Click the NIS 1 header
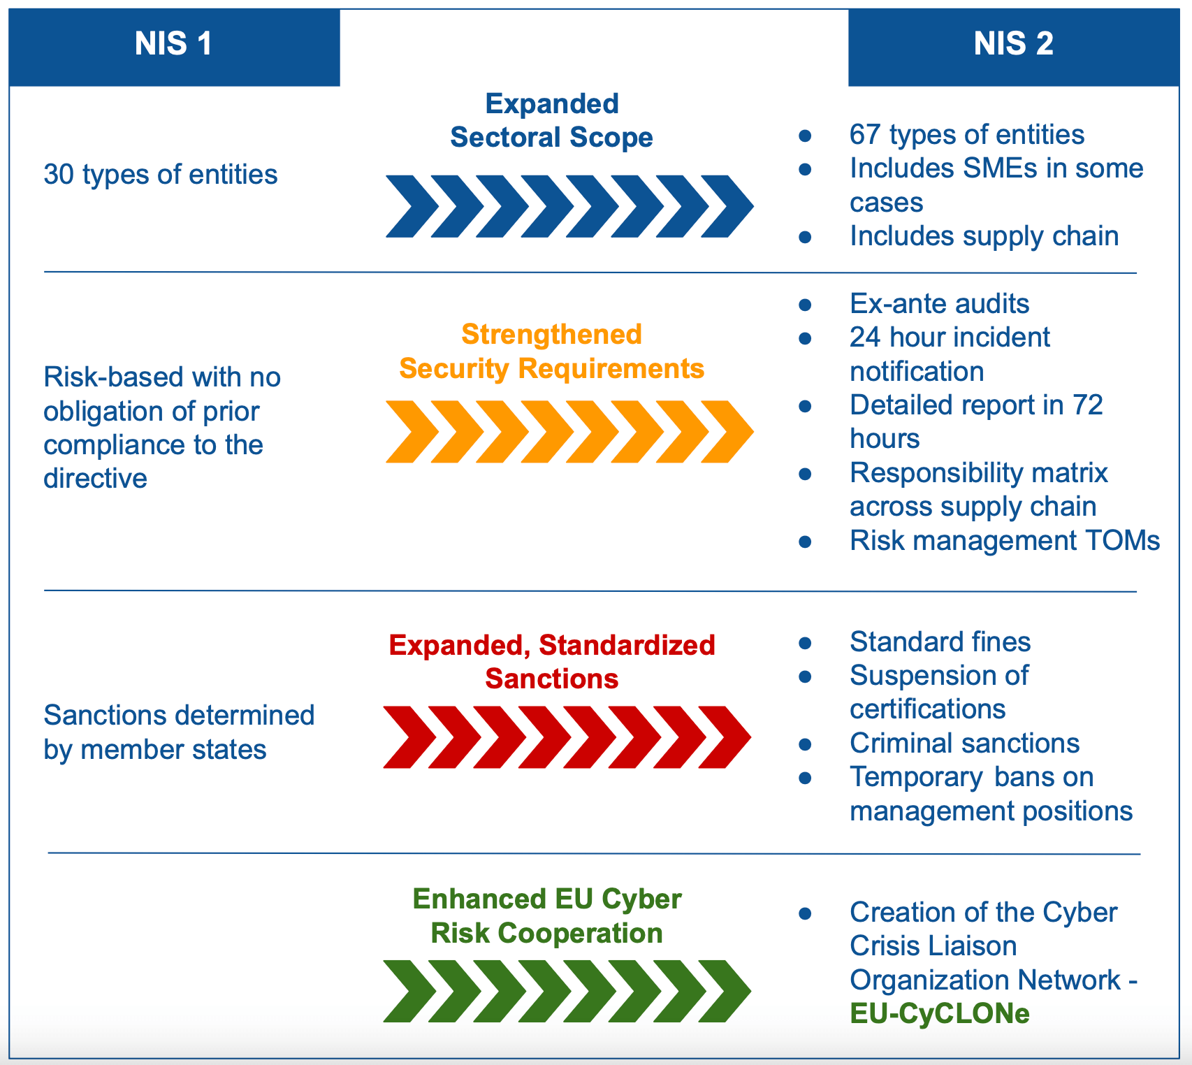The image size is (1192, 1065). pos(173,45)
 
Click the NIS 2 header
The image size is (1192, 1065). pos(1013,45)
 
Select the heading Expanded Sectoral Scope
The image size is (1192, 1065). pos(551,120)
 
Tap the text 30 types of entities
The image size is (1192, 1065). pos(161,175)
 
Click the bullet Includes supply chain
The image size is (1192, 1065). pos(984,236)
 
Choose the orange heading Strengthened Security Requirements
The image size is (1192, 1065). pos(551,352)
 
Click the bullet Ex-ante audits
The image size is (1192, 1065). pos(939,304)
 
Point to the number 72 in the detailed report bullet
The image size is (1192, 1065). pos(1087,405)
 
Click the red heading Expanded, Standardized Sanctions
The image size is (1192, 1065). pos(551,662)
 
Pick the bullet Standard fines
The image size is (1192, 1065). pos(940,642)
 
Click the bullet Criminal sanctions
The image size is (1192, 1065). pos(964,744)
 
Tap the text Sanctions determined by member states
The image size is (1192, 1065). pos(179,732)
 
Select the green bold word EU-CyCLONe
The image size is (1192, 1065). pos(940,1014)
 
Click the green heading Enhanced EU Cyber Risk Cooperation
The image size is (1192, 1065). pos(547,916)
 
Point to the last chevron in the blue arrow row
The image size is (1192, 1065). pos(727,206)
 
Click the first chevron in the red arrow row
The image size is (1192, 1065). pos(409,737)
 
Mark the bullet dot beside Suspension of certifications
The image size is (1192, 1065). pos(805,676)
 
